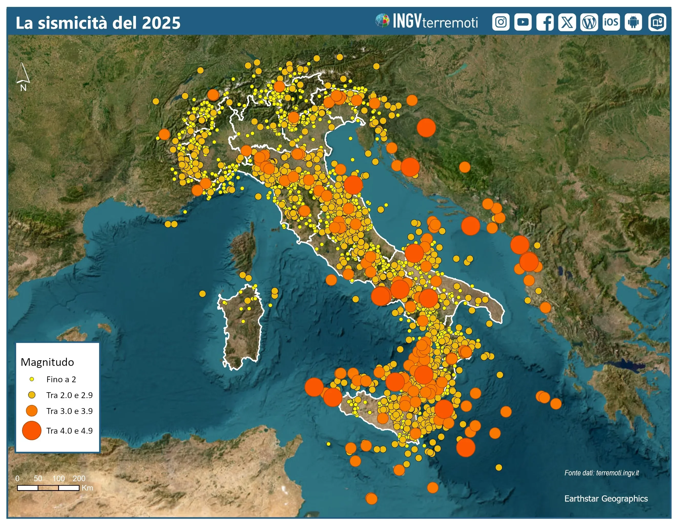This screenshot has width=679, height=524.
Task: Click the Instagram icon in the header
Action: tap(500, 22)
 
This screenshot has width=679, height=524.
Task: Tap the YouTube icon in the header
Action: tap(523, 22)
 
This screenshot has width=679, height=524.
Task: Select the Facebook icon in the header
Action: tap(545, 22)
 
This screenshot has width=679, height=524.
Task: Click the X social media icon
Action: tap(567, 22)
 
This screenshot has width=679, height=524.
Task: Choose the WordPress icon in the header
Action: tap(589, 22)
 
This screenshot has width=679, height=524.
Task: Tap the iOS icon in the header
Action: tap(611, 22)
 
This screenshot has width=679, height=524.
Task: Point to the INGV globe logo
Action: tap(382, 21)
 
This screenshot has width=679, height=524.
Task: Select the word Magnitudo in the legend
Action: tap(47, 362)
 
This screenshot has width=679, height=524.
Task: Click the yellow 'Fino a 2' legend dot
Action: tap(32, 379)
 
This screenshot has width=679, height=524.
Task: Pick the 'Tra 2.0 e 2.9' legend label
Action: tap(69, 395)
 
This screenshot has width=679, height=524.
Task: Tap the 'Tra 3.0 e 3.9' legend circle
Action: tap(32, 411)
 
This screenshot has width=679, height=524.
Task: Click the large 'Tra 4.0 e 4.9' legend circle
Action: tap(32, 431)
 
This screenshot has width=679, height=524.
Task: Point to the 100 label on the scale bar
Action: tap(58, 478)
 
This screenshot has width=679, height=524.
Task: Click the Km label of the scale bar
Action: tap(87, 488)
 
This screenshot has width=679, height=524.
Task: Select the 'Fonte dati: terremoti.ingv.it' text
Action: tap(601, 473)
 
